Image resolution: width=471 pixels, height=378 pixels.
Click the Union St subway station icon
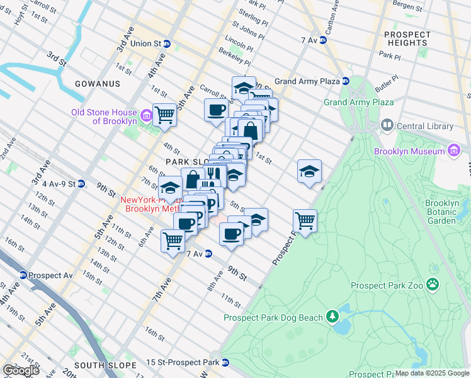coord(167,44)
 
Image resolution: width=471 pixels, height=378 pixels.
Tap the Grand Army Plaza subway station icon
coord(346,81)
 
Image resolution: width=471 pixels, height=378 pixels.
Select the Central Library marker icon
coord(387,126)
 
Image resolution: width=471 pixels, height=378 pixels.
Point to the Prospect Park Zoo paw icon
coord(433,285)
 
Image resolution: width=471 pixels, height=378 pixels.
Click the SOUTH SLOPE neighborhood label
coord(105,365)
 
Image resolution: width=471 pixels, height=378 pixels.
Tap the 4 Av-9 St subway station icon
coord(81,184)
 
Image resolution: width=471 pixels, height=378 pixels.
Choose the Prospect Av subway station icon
coord(23,275)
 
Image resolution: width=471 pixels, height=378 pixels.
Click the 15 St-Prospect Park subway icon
coord(225,362)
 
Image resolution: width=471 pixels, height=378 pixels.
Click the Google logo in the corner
coord(20,370)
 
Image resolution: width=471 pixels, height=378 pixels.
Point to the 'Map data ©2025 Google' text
coord(432,374)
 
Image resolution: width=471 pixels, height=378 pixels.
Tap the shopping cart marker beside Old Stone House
coord(164,115)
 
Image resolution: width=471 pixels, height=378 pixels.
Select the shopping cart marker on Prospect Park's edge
coord(305,220)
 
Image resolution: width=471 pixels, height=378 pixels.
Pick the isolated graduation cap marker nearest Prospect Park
coord(309,171)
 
